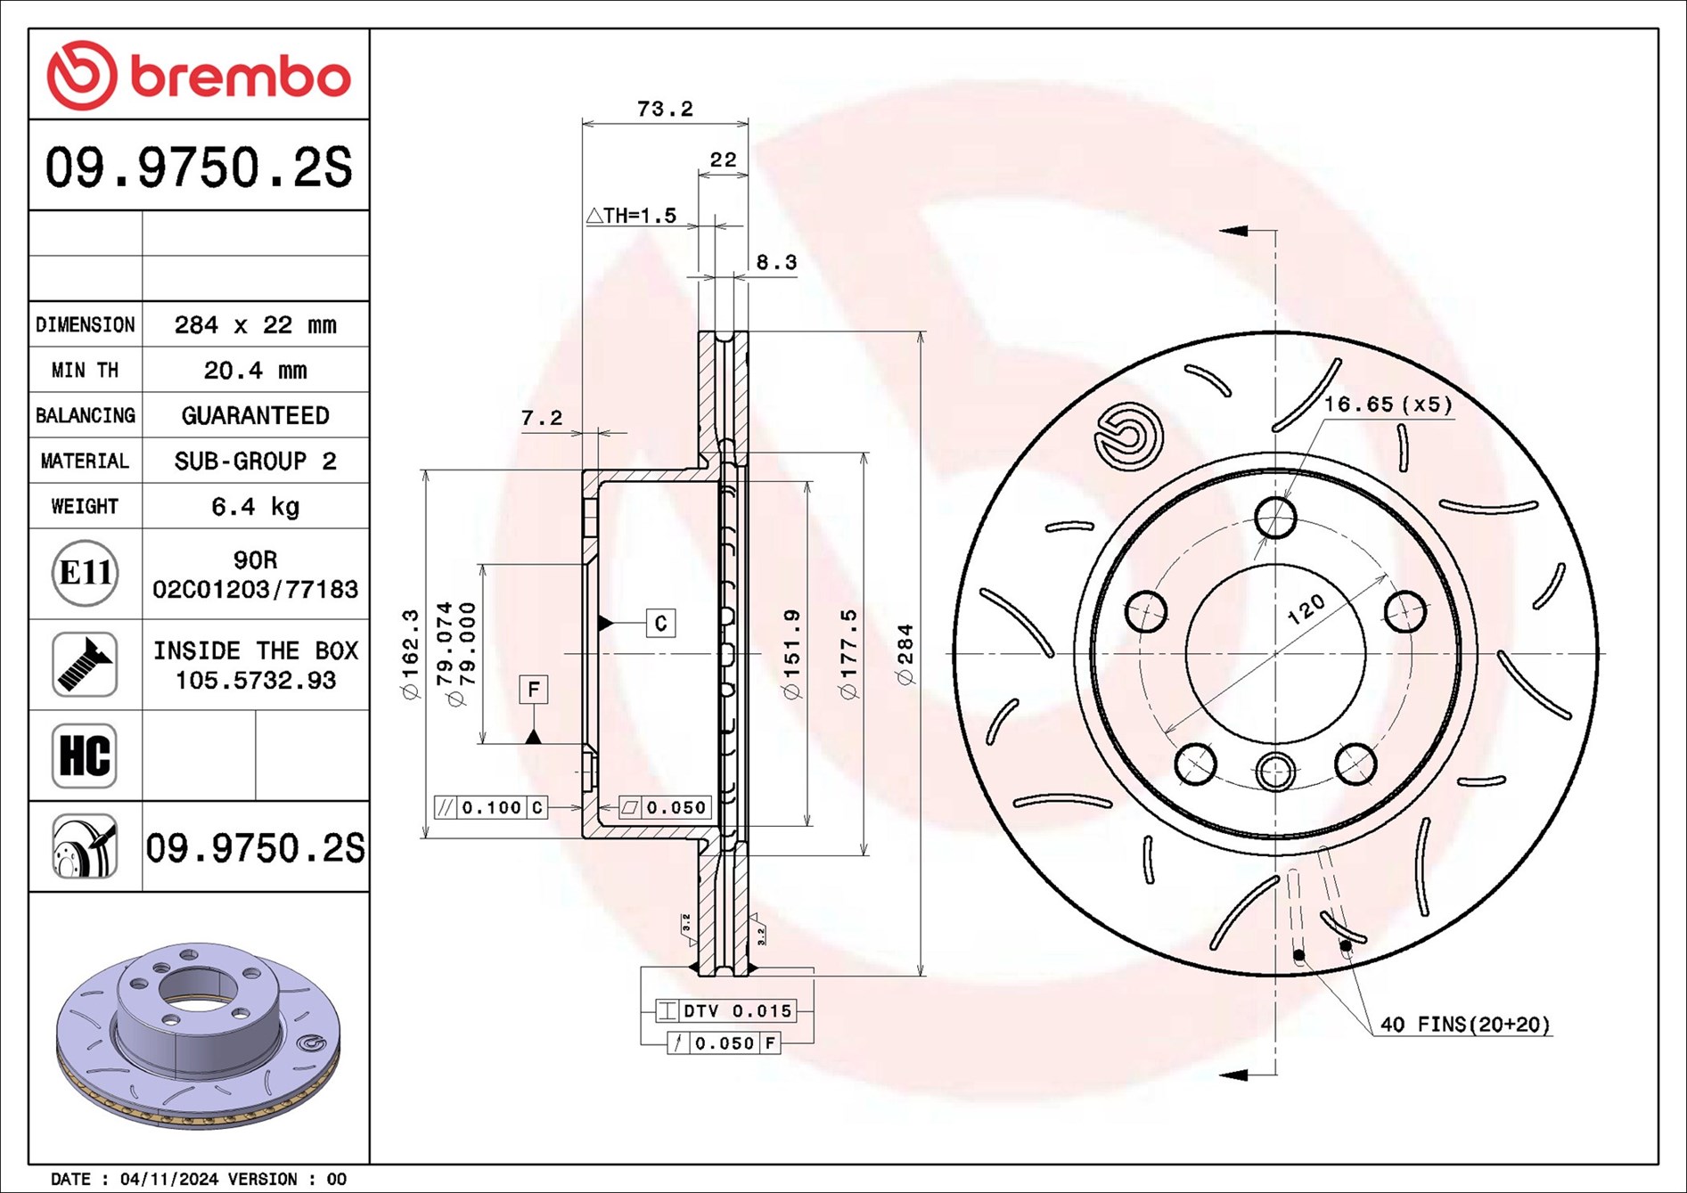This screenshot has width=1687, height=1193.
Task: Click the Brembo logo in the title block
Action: (x=198, y=76)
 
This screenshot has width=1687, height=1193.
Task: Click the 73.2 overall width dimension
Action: (x=665, y=109)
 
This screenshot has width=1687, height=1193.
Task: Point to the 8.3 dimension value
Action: (x=776, y=263)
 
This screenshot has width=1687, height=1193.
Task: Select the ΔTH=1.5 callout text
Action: (x=632, y=216)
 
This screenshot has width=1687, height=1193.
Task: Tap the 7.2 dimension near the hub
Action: (x=542, y=418)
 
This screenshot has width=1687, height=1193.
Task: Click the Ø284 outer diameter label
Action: (x=905, y=655)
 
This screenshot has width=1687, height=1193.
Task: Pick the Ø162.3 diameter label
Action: (x=410, y=655)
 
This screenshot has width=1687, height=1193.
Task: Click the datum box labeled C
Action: (x=660, y=623)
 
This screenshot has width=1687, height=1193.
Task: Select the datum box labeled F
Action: (x=533, y=689)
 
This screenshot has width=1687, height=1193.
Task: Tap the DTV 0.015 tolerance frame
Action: (x=725, y=1010)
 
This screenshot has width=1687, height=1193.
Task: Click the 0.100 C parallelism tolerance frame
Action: (x=490, y=807)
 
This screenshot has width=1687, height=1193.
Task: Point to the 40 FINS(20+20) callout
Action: (x=1465, y=1025)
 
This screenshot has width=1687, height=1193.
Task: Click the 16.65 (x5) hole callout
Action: (x=1388, y=404)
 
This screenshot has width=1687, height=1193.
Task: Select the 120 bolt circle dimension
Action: (x=1306, y=609)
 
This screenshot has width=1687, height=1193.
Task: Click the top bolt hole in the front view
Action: (x=1275, y=517)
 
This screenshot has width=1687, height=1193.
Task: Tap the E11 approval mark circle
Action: (x=85, y=573)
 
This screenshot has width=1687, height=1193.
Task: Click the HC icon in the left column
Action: (x=85, y=756)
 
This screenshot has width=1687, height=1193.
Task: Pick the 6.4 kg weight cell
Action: (x=255, y=506)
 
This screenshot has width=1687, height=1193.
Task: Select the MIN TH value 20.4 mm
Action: (x=255, y=370)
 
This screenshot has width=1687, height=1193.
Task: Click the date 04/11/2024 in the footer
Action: (x=169, y=1179)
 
